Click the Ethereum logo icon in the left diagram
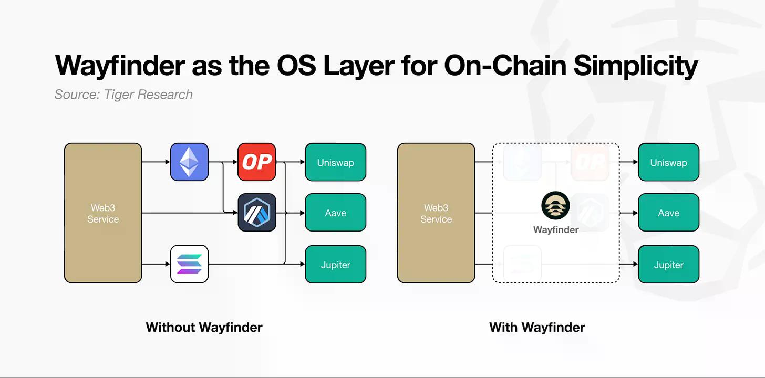point(189,162)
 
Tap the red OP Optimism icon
point(256,162)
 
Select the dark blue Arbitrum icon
point(256,213)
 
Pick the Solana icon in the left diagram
point(189,264)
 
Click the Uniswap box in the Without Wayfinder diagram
point(335,162)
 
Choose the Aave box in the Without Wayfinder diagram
point(335,213)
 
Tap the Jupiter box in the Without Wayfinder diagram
point(335,265)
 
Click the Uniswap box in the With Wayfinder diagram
point(668,162)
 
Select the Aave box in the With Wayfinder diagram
point(668,213)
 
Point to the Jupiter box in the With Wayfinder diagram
point(668,265)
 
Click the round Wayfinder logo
point(555,206)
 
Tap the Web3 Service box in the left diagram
point(103,213)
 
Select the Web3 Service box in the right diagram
point(436,213)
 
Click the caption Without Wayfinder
point(204,328)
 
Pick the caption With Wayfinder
point(537,328)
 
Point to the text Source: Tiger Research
point(123,94)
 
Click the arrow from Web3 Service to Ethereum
point(156,162)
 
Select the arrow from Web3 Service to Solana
point(156,264)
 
